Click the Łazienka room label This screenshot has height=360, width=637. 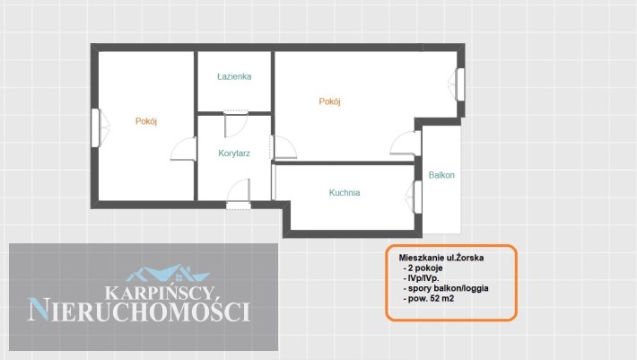coord(234,76)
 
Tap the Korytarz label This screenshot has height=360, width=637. coord(234,154)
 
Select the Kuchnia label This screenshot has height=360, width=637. coord(345,193)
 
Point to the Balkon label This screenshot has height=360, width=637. coord(441,175)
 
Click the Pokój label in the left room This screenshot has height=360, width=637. coord(146,121)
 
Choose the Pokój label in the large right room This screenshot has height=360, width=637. coord(329,101)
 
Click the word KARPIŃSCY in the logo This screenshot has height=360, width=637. coord(160,293)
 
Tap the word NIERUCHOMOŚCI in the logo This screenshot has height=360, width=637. coord(139,311)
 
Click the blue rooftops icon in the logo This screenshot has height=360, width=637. coord(168,274)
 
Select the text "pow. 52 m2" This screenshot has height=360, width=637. coord(431,299)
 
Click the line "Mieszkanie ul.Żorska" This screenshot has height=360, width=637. coord(441,258)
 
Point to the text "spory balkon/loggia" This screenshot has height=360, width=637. coord(448,288)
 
